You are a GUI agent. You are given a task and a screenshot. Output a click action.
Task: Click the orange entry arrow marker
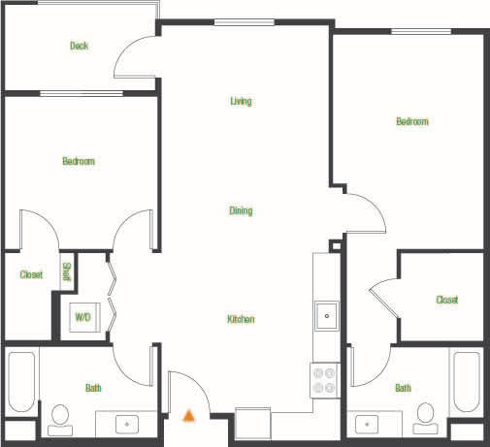pos(189,415)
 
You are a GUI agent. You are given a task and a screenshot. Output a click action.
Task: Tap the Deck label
pos(80,46)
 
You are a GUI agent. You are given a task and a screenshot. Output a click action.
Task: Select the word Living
pos(242,101)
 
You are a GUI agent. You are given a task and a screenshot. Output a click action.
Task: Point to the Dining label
pos(242,210)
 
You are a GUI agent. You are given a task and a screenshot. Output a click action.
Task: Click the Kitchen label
pos(241,319)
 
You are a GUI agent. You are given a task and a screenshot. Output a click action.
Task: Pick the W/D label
pos(82,316)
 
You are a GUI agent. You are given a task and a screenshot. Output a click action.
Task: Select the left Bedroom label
pos(79,161)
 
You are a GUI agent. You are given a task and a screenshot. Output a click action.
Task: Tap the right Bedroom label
pos(411,121)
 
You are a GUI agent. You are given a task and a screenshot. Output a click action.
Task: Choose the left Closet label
pos(31,274)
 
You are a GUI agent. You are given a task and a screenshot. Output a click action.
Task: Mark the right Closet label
pos(446,300)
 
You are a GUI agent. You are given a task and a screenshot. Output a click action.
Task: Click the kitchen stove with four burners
pos(324,380)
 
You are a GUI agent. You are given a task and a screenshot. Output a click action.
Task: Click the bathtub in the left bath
pos(20,380)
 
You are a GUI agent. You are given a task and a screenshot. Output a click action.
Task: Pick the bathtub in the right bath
pos(466,380)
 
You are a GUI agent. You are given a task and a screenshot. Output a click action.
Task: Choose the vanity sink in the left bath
pos(126,423)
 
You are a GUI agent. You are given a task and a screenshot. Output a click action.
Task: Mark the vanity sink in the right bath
pos(367,424)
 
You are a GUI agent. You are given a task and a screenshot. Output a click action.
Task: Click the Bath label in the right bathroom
pos(402,388)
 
